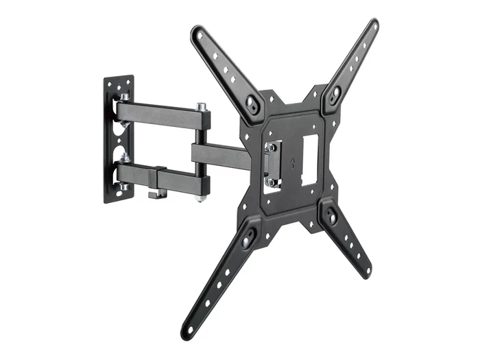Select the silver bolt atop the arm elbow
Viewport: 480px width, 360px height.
(202, 108)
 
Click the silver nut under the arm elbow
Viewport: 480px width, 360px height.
(199, 198)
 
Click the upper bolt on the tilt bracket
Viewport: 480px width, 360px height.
(272, 147)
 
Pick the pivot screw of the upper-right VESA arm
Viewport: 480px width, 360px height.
(335, 97)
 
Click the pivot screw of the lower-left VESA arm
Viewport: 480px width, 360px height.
(248, 237)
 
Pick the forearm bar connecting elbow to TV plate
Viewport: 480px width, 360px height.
(219, 158)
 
